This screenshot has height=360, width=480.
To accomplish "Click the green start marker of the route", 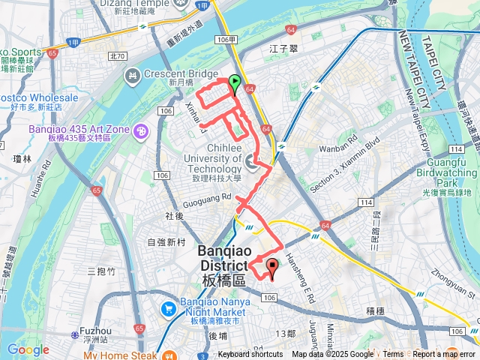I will [235, 84].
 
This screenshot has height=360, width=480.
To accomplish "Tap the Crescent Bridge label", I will [169, 74].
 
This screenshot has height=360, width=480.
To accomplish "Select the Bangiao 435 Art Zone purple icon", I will [140, 132].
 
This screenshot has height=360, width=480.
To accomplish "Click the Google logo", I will [28, 349].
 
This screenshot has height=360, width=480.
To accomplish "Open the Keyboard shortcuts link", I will [252, 355].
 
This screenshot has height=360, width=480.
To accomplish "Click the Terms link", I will [393, 355].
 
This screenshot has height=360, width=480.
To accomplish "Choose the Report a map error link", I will [445, 355].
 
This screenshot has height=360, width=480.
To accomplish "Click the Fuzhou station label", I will [95, 330].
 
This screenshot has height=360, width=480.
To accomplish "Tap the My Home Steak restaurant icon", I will [172, 355].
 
